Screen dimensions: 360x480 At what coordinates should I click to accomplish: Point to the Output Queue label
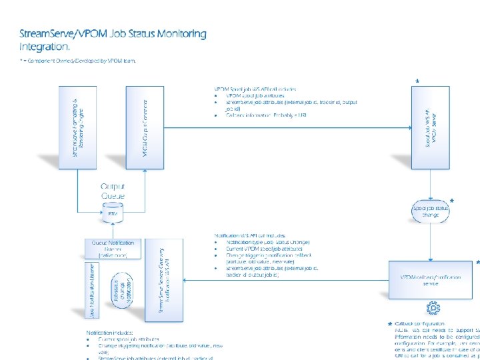pyautogui.click(x=112, y=191)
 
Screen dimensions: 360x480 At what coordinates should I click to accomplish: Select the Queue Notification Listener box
pyautogui.click(x=112, y=248)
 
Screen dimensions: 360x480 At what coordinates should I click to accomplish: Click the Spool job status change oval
pyautogui.click(x=431, y=211)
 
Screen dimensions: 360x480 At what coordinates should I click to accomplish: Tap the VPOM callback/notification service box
pyautogui.click(x=431, y=280)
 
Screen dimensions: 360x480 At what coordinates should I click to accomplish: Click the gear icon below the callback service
pyautogui.click(x=432, y=307)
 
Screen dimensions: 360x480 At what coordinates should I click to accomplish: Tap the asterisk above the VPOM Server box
pyautogui.click(x=417, y=82)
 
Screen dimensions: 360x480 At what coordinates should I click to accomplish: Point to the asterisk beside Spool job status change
pyautogui.click(x=452, y=201)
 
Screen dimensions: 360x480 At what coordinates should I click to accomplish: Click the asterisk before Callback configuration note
pyautogui.click(x=389, y=324)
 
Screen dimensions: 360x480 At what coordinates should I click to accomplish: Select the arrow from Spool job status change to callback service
pyautogui.click(x=431, y=240)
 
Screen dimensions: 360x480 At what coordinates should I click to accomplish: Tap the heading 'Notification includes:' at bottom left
pyautogui.click(x=109, y=332)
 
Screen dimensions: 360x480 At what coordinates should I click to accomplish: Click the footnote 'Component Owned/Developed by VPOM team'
pyautogui.click(x=80, y=61)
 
